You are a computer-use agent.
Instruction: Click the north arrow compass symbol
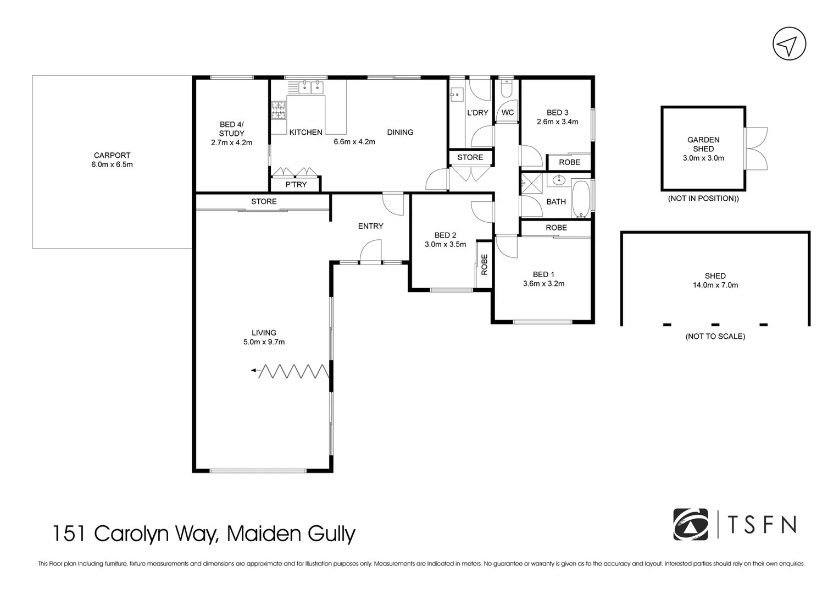(x=789, y=45)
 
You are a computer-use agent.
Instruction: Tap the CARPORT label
(x=112, y=155)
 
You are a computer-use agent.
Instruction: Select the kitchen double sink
(x=311, y=87)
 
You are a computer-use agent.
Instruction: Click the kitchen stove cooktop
(x=278, y=109)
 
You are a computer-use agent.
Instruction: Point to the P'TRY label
(x=296, y=184)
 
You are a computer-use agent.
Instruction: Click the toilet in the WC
(x=507, y=88)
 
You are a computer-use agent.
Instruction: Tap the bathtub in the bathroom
(x=581, y=199)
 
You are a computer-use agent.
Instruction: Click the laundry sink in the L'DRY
(x=457, y=95)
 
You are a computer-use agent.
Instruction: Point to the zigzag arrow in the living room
(x=291, y=371)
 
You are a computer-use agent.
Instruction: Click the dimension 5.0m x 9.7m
(x=264, y=342)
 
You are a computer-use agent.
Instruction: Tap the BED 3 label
(x=557, y=113)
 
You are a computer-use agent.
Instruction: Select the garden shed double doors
(x=757, y=148)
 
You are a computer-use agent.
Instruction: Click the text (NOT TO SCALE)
(x=715, y=336)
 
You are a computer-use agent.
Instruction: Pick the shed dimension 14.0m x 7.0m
(x=715, y=285)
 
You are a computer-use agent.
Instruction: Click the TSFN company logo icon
(x=691, y=524)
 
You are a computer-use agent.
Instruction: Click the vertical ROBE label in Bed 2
(x=484, y=264)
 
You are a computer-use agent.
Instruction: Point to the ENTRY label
(x=370, y=226)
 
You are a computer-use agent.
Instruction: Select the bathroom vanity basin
(x=559, y=180)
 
